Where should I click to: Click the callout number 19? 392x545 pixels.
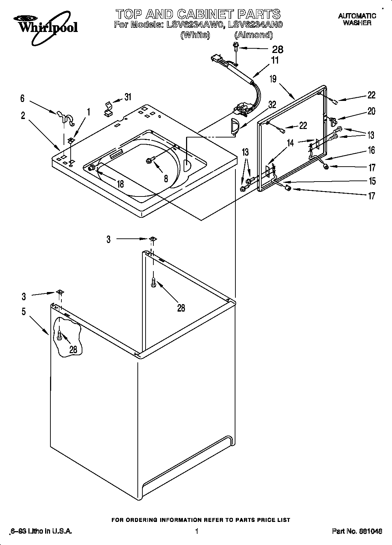[x=273, y=79]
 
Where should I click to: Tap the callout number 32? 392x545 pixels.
[x=272, y=105]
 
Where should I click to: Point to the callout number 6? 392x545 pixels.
[x=22, y=98]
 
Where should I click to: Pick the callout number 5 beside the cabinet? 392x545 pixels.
[x=23, y=312]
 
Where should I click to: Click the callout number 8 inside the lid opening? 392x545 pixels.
[x=166, y=179]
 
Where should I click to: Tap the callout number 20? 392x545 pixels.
[x=371, y=111]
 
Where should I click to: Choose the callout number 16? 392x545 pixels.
[x=371, y=150]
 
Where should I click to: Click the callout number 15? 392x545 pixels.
[x=372, y=181]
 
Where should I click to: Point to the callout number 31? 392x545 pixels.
[x=128, y=96]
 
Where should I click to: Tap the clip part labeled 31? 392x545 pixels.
[x=108, y=109]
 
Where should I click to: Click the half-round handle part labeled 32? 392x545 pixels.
[x=233, y=127]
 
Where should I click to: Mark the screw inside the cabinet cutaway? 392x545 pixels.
[x=59, y=335]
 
